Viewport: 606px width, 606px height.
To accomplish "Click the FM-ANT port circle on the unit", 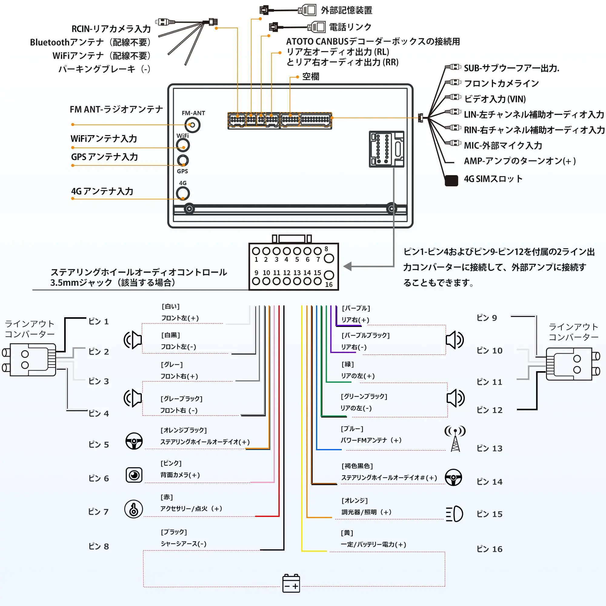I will pos(192,125).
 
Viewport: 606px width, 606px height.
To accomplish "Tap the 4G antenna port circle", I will pos(183,193).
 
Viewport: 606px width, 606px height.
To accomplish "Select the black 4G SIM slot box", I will pos(451,180).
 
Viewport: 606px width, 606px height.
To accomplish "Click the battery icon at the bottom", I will pos(291,583).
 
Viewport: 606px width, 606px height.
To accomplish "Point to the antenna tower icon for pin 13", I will pos(455,438).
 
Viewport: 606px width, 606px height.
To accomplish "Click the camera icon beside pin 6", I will pos(134,475).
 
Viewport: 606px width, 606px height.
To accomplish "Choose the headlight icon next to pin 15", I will pos(454,514).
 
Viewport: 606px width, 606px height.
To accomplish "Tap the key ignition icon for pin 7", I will pos(134,509).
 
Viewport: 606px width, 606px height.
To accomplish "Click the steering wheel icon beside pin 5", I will pos(134,441).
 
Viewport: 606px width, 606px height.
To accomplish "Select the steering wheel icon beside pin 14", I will pos(453,478).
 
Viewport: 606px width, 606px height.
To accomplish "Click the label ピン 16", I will pos(489,549).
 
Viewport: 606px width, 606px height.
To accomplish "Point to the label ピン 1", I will pos(98,321).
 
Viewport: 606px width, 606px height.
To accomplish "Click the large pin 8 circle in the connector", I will pos(329,258).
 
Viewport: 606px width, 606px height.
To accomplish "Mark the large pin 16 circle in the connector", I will pos(329,275).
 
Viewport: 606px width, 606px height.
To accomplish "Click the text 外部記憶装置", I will pos(346,10).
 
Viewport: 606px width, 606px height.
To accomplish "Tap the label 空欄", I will pos(311,77).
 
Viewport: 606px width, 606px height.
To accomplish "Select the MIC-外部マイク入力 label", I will pos(503,145).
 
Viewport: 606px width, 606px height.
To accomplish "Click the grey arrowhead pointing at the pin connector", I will pos(348,266).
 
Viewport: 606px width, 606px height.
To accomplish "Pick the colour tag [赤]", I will pos(167,497).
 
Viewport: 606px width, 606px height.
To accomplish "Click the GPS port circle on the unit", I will pos(183,160).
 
